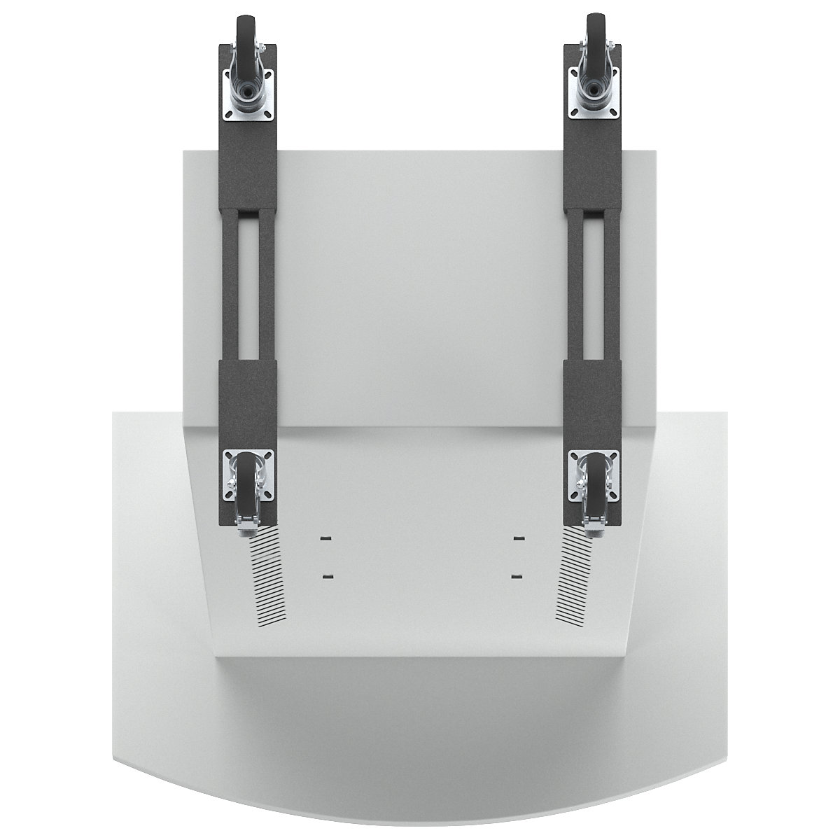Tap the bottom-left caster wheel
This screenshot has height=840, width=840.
tap(247, 483)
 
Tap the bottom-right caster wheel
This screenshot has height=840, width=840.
tap(594, 483)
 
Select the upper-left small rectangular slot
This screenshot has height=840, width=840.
tap(324, 538)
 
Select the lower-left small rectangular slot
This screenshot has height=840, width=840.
tap(324, 576)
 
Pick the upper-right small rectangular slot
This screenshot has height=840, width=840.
tap(518, 538)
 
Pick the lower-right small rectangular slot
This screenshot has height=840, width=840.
tap(518, 576)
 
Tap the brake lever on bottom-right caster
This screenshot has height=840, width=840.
tap(593, 520)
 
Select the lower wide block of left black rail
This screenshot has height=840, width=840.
tap(249, 402)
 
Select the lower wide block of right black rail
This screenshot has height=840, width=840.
tap(594, 402)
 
